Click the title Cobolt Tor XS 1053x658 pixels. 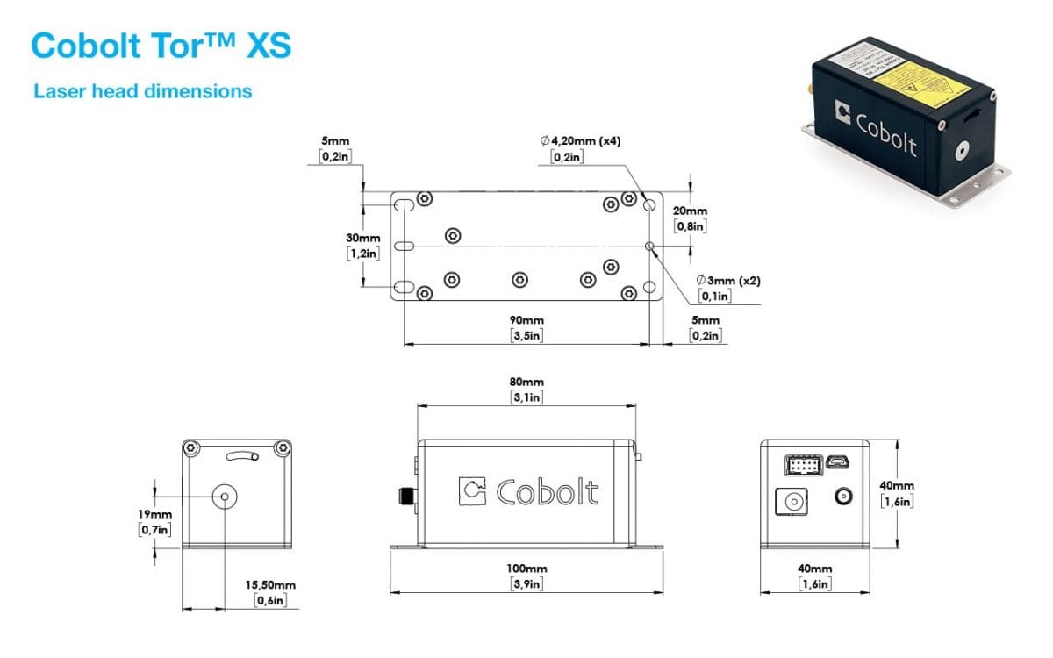click(161, 46)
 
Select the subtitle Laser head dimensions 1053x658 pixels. click(142, 91)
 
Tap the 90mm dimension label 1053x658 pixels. click(526, 321)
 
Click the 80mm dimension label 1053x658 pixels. click(526, 383)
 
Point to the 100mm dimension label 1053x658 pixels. click(526, 569)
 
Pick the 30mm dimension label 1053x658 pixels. click(363, 239)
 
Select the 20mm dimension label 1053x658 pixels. click(690, 211)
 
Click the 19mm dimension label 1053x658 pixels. click(154, 514)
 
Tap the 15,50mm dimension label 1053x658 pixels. click(269, 585)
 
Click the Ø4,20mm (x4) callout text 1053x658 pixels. click(581, 141)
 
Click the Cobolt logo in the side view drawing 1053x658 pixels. click(529, 491)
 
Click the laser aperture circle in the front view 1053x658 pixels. click(226, 497)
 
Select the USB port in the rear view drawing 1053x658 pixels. click(834, 461)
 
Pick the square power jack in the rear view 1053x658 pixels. click(792, 503)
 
